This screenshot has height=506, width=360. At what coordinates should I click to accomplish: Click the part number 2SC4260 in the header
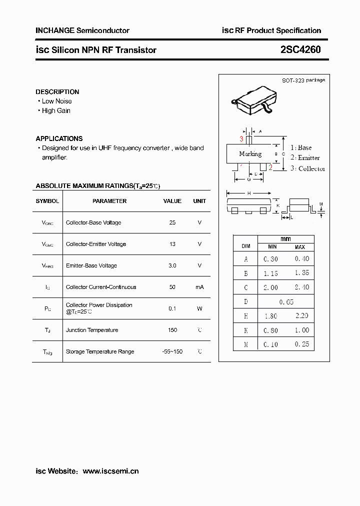point(300,50)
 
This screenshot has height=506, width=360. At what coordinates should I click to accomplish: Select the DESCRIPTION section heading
point(57,92)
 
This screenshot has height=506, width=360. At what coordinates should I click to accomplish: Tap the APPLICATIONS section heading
point(59,138)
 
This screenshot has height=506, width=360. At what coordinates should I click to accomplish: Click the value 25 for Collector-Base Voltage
point(172,222)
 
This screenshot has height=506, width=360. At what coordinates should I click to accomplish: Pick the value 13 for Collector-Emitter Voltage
point(172,244)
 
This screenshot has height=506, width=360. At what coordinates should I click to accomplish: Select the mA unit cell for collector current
point(199,287)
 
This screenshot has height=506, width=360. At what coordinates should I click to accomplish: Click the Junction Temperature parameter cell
point(92,330)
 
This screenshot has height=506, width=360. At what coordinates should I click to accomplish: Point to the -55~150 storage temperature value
point(172,351)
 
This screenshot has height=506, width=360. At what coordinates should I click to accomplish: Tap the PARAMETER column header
point(109,201)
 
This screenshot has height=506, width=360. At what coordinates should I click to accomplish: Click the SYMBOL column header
point(47,201)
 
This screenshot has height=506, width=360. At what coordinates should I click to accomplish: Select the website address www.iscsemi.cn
point(110,471)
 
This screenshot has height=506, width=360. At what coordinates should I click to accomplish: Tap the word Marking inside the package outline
point(250,154)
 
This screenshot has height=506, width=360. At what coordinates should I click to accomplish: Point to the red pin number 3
point(241,139)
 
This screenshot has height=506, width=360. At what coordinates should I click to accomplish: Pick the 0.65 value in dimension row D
point(286,302)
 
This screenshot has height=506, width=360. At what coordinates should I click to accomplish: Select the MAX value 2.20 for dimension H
point(302,316)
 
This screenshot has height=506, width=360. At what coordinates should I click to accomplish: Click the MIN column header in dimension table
point(272,247)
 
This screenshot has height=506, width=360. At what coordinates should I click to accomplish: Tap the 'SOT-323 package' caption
point(303,80)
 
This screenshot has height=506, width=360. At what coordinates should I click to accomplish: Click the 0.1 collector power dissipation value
point(172,308)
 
